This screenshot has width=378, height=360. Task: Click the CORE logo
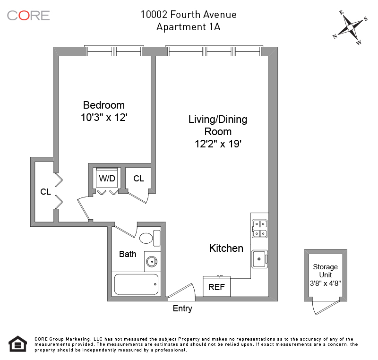pos(28,16)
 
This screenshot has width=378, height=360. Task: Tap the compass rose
pos(350,27)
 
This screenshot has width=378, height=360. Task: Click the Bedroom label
pos(104,105)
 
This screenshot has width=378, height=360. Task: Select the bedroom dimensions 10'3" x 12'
pos(104,118)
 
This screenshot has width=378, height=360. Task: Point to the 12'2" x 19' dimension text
pos(218,144)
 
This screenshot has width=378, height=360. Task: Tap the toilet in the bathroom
pos(150,238)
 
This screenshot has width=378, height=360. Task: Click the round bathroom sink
pos(152,261)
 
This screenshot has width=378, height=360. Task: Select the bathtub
pos(136,284)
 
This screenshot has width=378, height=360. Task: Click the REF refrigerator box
pos(216,286)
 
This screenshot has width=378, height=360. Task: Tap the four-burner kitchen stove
pos(259,229)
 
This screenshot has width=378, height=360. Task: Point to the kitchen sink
pos(259,259)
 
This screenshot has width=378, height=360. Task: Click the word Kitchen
pos(226,248)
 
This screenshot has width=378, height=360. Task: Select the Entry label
pos(182,309)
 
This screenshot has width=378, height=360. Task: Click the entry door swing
pos(181,291)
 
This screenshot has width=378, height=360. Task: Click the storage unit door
pos(326,308)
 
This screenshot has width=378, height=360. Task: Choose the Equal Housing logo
pos(17,344)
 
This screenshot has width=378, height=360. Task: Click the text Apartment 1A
pos(188,27)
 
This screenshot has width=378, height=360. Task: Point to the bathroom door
pos(125,231)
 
